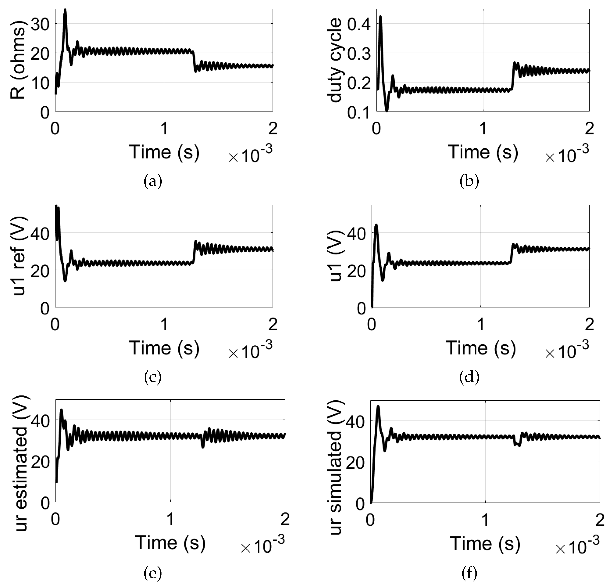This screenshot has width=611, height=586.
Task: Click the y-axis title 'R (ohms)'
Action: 18,62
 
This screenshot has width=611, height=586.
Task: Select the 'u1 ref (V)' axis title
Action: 19,256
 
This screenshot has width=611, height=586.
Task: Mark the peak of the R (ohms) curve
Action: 65,10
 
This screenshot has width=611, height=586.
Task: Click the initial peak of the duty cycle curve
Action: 380,16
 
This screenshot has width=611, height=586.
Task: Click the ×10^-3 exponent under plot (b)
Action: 567,154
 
